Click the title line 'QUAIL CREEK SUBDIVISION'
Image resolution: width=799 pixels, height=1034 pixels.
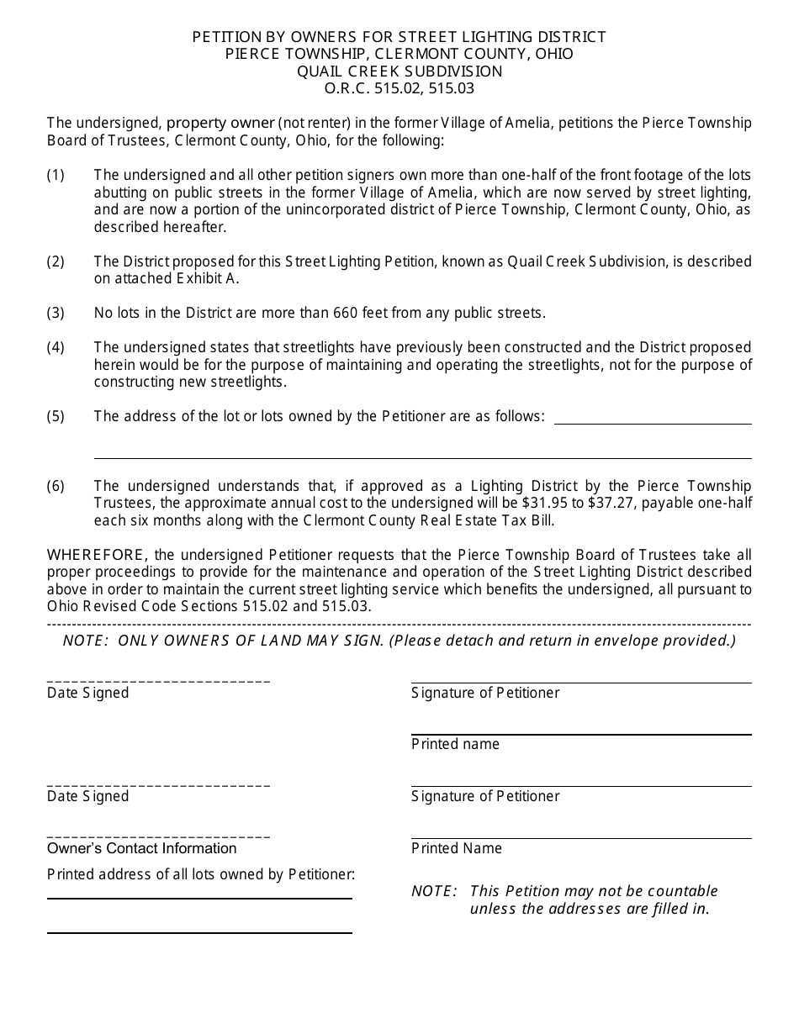[x=399, y=71]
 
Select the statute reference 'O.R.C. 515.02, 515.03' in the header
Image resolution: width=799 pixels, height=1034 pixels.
[x=399, y=88]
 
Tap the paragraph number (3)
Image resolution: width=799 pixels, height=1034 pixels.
[x=56, y=314]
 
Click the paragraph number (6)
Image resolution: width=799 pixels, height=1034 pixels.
[x=56, y=486]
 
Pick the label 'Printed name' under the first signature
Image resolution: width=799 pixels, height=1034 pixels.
[x=455, y=744]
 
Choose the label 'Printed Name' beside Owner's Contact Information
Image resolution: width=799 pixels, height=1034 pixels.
[x=457, y=848]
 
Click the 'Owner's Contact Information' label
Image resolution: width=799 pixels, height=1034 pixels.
[x=141, y=848]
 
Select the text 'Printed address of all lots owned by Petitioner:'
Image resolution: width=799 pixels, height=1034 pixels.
[x=201, y=874]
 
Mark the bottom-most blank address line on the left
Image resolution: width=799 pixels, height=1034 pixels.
[x=199, y=931]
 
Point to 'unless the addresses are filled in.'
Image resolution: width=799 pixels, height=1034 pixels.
[x=590, y=909]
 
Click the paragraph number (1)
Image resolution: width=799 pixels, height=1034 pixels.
[x=56, y=175]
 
